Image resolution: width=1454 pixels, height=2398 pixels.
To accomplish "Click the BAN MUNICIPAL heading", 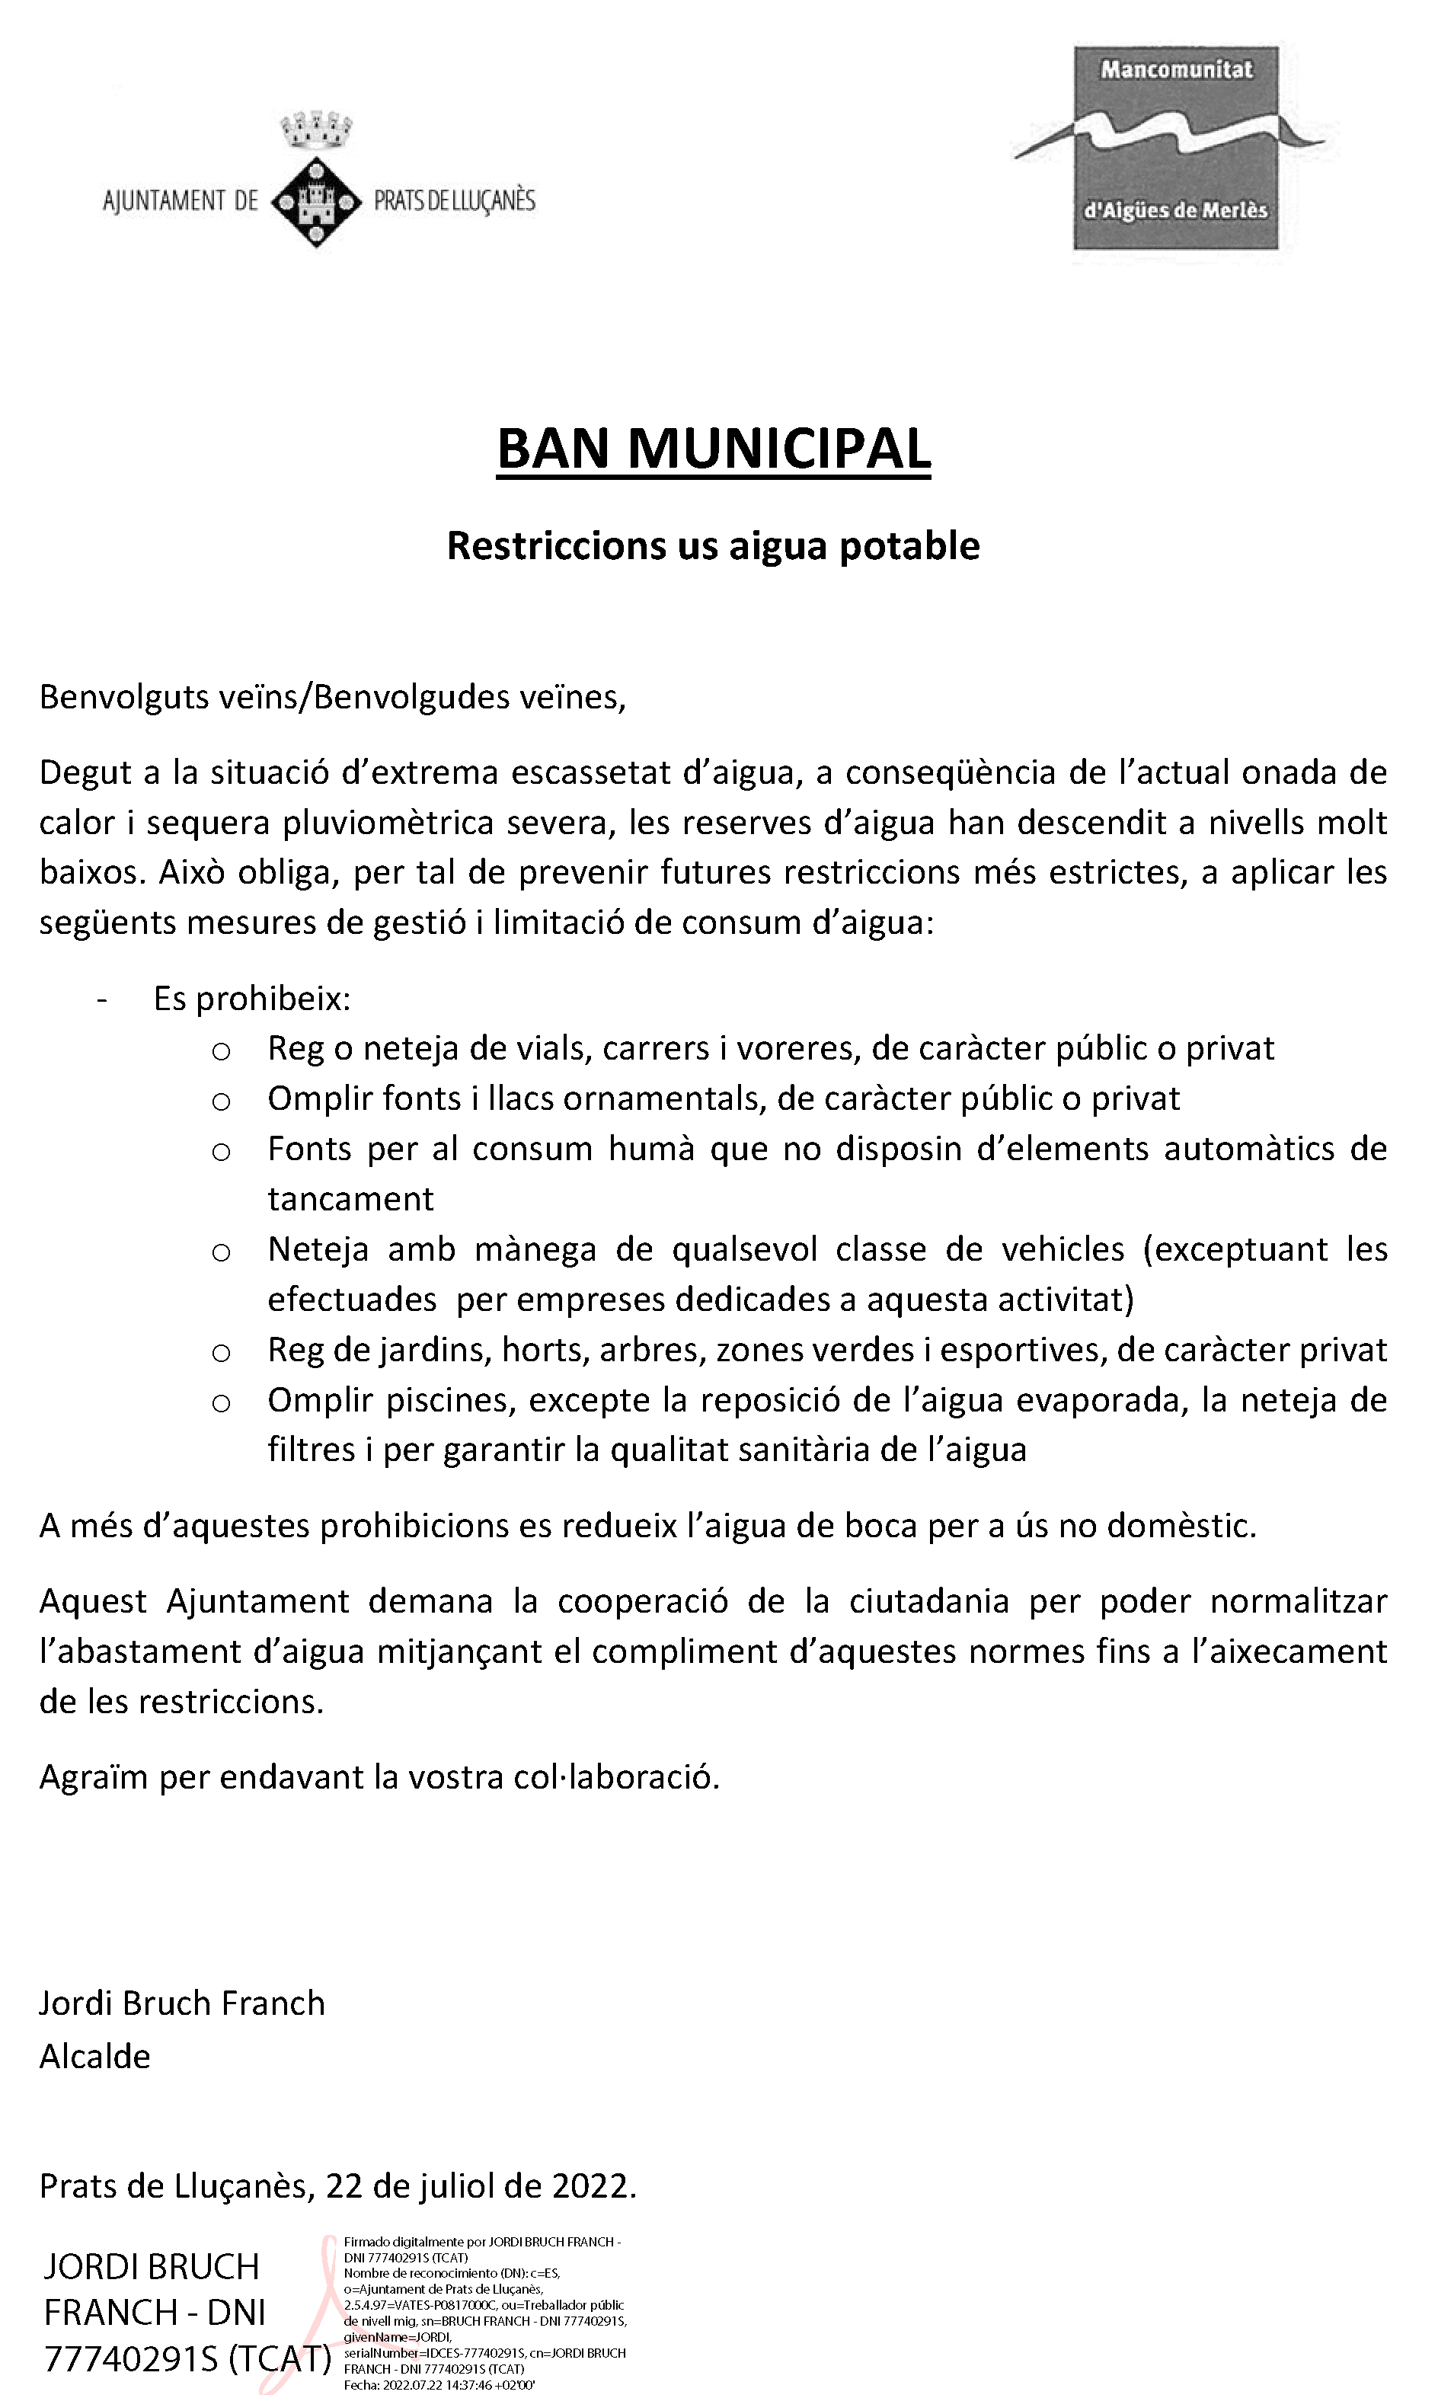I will pyautogui.click(x=714, y=449).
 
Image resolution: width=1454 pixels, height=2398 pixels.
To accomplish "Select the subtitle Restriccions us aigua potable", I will pyautogui.click(x=714, y=546).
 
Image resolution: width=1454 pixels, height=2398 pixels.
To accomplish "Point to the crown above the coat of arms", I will pyautogui.click(x=315, y=129).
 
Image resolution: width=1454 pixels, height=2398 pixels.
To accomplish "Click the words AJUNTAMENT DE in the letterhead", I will pyautogui.click(x=180, y=201).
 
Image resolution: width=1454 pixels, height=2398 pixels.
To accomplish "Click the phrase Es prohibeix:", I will pyautogui.click(x=252, y=999).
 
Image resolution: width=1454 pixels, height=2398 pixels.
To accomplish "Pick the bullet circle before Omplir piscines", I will pyautogui.click(x=221, y=1402).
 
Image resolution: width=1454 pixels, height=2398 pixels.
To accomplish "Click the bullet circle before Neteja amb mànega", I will pyautogui.click(x=221, y=1252).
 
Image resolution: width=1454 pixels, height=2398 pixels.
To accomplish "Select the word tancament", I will pyautogui.click(x=350, y=1199).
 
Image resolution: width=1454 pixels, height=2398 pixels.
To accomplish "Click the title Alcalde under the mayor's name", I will pyautogui.click(x=94, y=2057).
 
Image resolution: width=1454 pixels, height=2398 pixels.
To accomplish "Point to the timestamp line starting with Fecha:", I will pyautogui.click(x=439, y=2384).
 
